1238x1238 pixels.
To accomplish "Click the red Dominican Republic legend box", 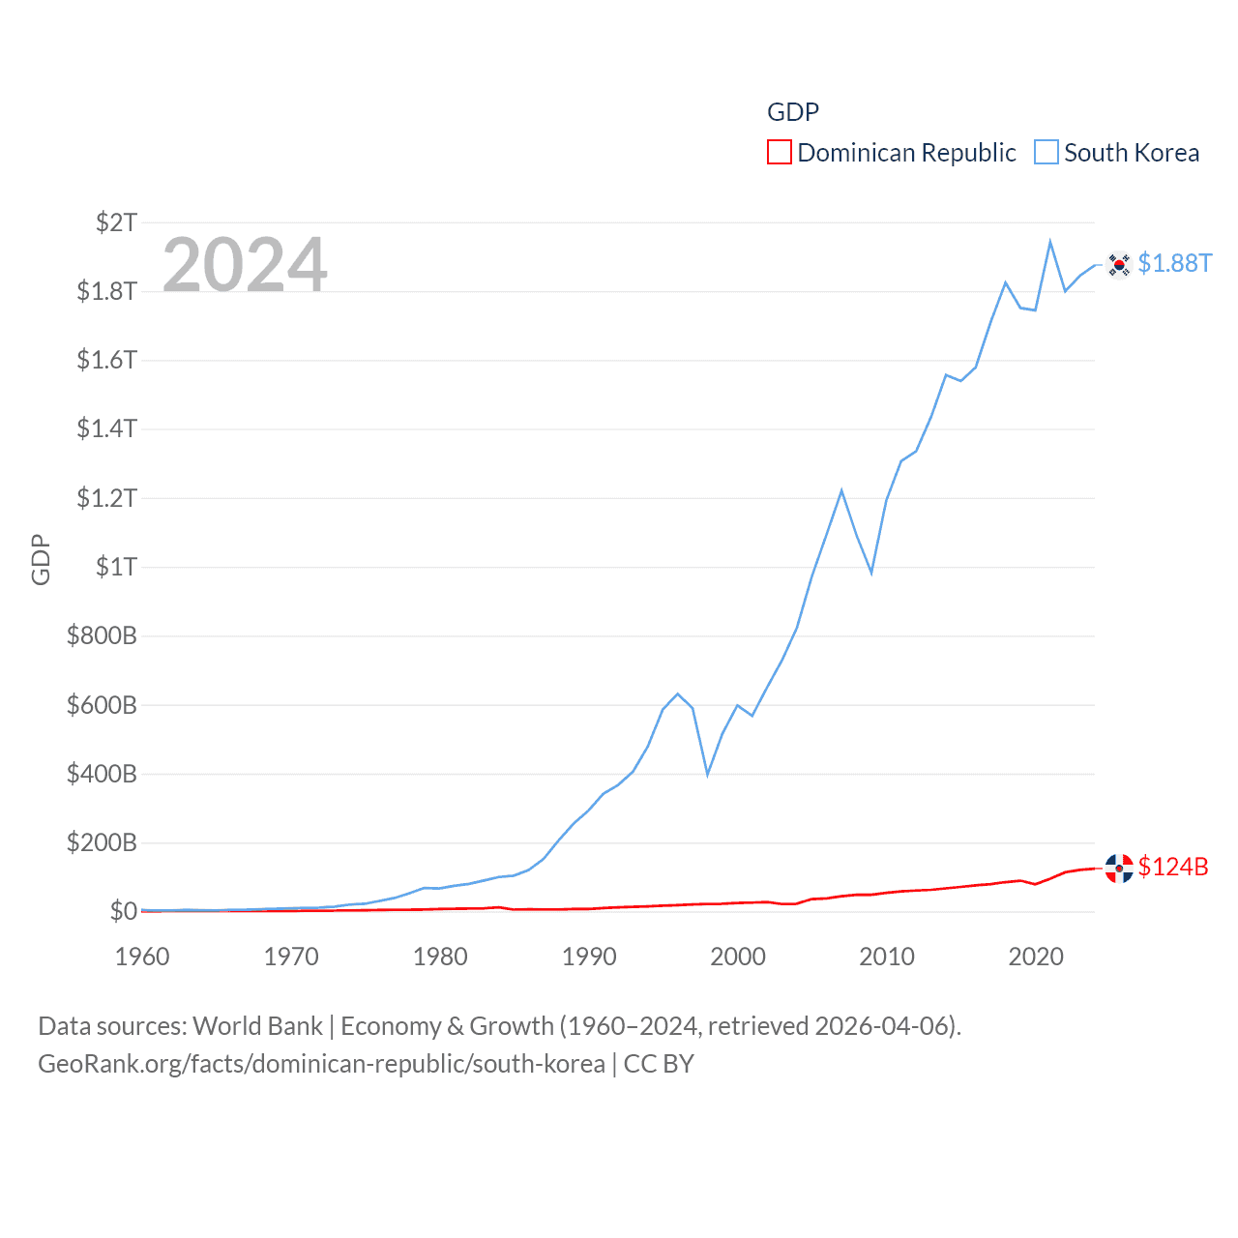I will pos(779,153).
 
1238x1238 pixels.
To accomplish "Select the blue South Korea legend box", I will pos(1046,153).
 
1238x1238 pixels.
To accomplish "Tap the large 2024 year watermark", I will pos(245,264).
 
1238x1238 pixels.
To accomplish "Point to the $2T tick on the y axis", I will pos(116,222).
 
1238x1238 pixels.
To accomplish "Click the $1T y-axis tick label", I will pos(116,567).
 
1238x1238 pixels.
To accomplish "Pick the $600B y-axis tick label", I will pos(102,705).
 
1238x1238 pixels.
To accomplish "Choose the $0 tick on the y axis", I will pos(123,911).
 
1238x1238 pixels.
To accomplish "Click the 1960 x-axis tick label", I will pos(142,957).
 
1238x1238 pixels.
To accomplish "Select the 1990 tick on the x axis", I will pos(589,957).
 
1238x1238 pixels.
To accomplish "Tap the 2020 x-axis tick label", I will pos(1036,957).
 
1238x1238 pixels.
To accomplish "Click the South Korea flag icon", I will pos(1119,264).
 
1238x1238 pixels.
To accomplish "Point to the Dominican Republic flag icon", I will pos(1119,868).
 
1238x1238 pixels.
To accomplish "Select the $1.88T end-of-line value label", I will pos(1174,263).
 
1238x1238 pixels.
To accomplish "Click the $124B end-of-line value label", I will pos(1173,867).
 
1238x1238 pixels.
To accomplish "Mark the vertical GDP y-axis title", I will pos(41,559).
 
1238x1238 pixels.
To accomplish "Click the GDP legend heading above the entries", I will pos(793,112).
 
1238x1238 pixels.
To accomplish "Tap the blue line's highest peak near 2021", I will pos(1050,242).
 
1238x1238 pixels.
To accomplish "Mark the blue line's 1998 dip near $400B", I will pos(708,774).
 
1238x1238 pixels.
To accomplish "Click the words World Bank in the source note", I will pos(257,1025).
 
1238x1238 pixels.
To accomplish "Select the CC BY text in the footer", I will pos(659,1064).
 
